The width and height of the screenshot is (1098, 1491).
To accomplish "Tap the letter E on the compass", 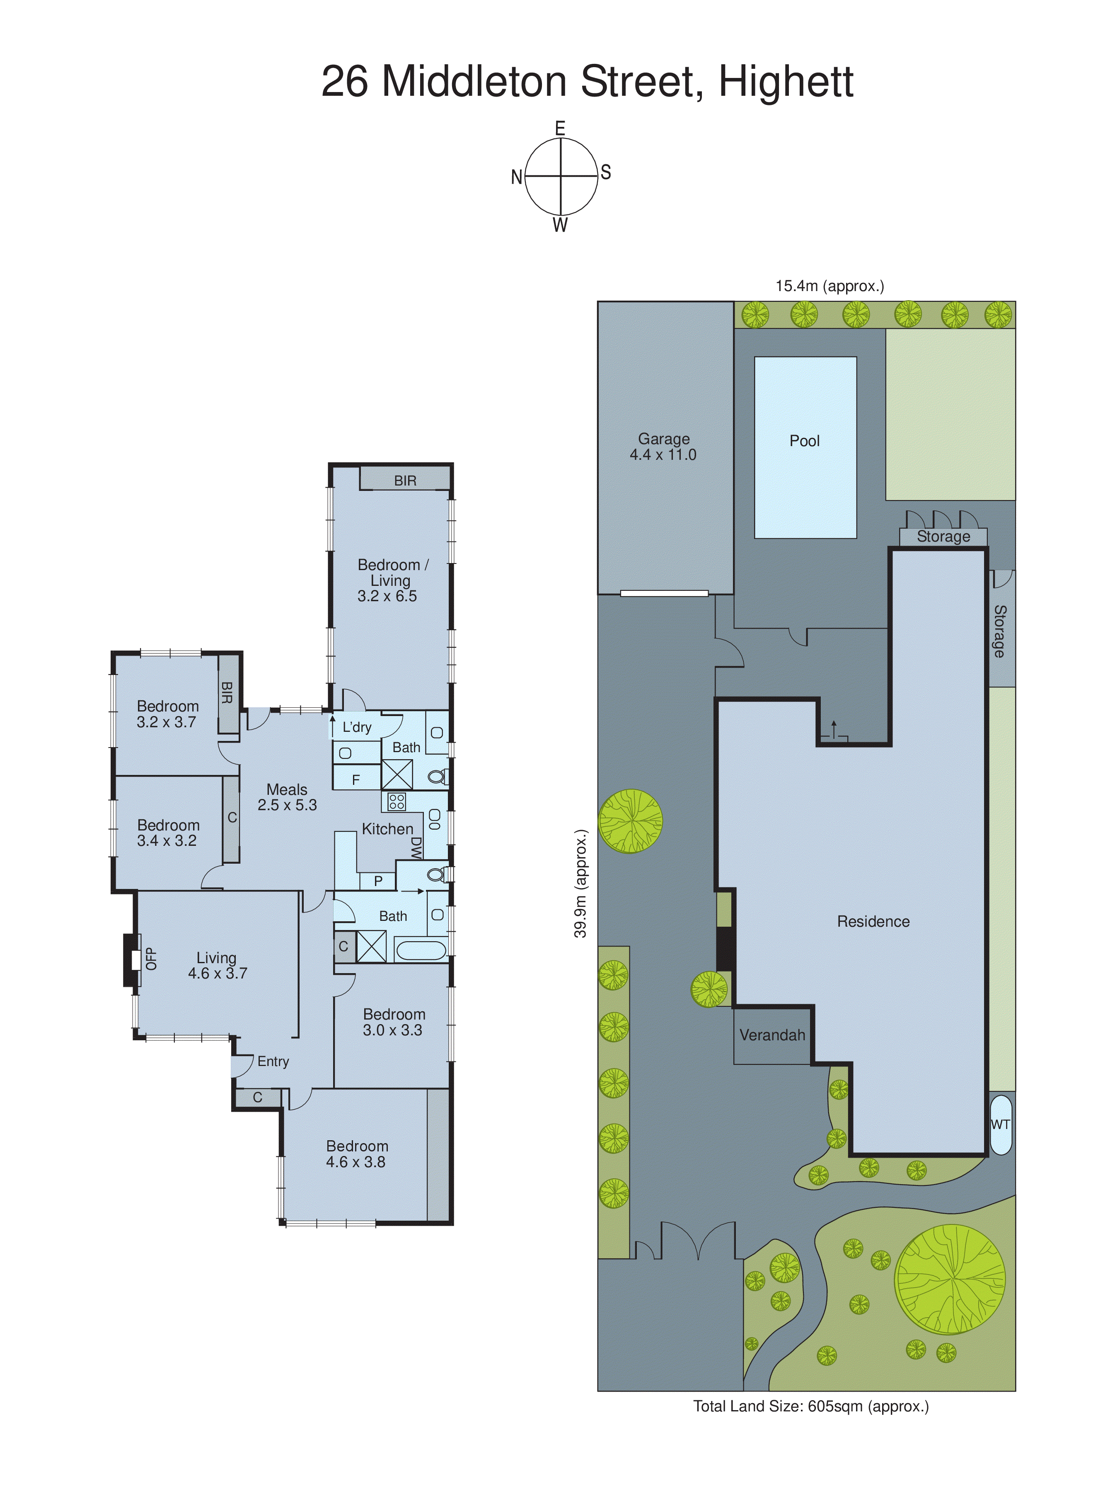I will click(x=560, y=129).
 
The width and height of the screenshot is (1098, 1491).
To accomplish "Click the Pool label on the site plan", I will click(x=804, y=441).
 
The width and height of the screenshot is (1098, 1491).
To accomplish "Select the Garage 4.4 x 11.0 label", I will click(x=663, y=447).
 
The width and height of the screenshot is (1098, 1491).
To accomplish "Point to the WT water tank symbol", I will click(x=1000, y=1124).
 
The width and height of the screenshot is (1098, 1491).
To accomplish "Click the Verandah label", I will click(x=772, y=1035).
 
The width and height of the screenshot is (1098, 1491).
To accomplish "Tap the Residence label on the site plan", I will click(x=873, y=921).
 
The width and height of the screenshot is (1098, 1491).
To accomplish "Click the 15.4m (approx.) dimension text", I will click(x=830, y=286).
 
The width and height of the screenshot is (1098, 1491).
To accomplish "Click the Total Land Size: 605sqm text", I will click(x=811, y=1406).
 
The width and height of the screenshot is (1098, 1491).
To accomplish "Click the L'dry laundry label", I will click(x=357, y=727).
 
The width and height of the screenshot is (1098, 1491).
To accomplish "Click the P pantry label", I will click(x=378, y=881).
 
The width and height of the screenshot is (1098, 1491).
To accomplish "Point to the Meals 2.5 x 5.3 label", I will click(x=287, y=797).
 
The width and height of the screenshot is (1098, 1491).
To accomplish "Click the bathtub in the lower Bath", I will click(x=420, y=949).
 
